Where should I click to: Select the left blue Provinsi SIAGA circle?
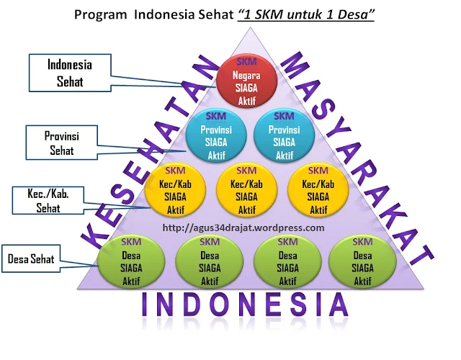pyautogui.click(x=213, y=135)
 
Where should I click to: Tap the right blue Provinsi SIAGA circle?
pyautogui.click(x=284, y=135)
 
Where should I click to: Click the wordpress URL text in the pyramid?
pyautogui.click(x=243, y=228)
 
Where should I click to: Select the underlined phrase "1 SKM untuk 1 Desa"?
pyautogui.click(x=306, y=15)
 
